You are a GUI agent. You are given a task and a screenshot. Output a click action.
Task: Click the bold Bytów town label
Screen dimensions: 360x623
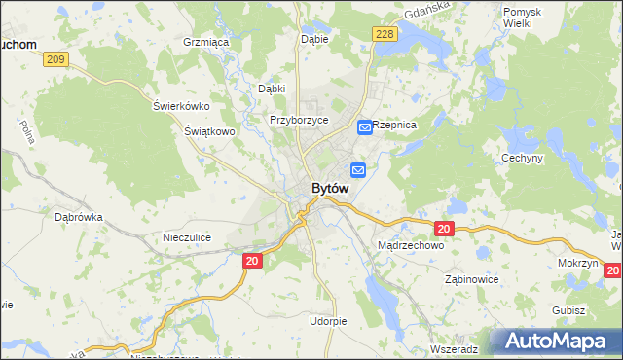coord(330,188)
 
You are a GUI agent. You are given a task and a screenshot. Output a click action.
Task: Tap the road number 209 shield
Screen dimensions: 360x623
coord(55,60)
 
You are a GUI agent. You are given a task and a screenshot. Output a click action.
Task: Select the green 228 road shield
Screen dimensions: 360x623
coord(384,34)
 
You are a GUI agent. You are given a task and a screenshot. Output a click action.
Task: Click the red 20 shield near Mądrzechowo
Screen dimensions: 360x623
coord(444,229)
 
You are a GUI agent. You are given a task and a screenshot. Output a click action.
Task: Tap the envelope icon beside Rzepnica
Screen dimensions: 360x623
coord(363,126)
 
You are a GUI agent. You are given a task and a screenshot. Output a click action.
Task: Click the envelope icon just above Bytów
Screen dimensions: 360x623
coord(358,170)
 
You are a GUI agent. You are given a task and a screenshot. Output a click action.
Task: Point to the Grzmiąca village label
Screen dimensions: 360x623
coord(205,43)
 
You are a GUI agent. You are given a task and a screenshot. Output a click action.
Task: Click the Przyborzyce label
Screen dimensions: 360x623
coord(299,120)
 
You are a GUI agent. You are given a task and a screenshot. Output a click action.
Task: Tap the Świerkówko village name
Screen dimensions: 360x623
coord(182,106)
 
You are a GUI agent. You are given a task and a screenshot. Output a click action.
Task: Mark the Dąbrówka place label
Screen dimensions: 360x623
coord(79,218)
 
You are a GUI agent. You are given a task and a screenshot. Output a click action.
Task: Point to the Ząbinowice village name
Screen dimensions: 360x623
coord(471,279)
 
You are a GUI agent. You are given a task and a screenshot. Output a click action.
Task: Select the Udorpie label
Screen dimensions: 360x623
coord(328,320)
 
